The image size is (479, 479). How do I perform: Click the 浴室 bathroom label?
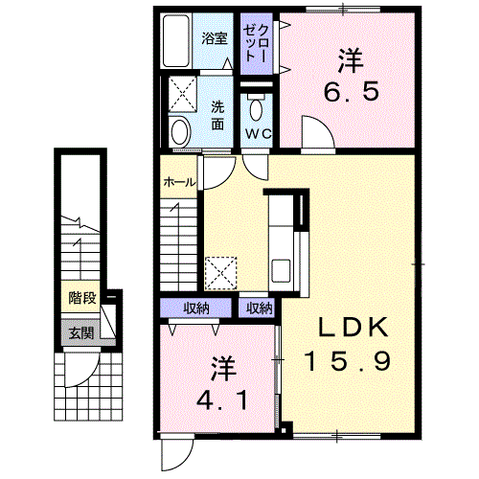(215, 38)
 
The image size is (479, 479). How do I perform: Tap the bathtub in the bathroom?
(176, 41)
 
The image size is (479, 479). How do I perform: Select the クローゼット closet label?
(256, 43)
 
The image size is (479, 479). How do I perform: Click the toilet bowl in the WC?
(256, 110)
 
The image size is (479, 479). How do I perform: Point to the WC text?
(259, 134)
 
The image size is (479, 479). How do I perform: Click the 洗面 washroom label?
(217, 115)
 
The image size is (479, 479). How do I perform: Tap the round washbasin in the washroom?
(181, 132)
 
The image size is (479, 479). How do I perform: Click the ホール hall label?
(178, 182)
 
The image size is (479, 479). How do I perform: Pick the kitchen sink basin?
(281, 270)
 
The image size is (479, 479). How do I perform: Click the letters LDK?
(354, 327)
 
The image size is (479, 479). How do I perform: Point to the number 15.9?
(348, 361)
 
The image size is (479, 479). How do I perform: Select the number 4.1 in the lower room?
(222, 400)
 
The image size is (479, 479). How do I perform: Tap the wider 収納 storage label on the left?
(196, 308)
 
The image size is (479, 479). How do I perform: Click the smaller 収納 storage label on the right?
(260, 308)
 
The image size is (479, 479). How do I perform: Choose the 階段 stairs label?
(82, 298)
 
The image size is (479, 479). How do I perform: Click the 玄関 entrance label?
(81, 333)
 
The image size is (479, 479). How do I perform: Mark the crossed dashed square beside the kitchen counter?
(221, 274)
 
